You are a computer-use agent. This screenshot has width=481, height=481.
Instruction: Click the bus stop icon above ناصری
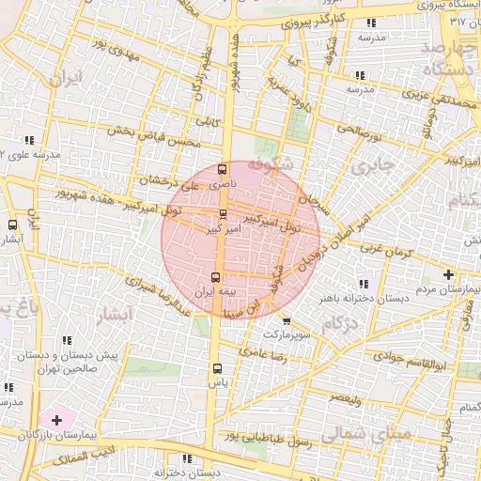tap(222, 170)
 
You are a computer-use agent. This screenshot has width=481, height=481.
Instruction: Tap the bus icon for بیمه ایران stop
tap(216, 277)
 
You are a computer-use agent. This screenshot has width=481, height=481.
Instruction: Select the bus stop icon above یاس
tap(218, 368)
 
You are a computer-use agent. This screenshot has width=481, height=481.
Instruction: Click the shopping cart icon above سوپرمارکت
tap(286, 320)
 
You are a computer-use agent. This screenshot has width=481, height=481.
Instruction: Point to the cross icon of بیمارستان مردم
tap(448, 275)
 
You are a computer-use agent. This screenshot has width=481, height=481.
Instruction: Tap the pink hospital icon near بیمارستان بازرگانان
tap(55, 418)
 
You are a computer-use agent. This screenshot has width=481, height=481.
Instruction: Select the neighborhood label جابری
tap(363, 165)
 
